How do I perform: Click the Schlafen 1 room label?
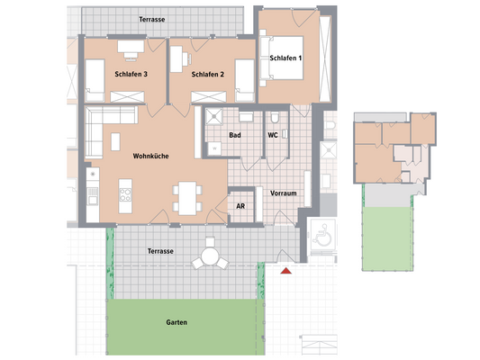(286, 58)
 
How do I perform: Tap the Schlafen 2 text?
(208, 74)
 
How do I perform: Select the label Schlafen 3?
(131, 74)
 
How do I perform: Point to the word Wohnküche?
(151, 156)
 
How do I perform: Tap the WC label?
(272, 136)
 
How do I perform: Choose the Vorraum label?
(285, 192)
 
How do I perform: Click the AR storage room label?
(240, 206)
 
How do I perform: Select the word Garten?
(177, 321)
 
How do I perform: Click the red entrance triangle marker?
(286, 270)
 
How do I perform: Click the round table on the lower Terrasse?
(210, 257)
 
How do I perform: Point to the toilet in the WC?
(274, 118)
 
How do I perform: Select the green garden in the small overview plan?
(385, 236)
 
